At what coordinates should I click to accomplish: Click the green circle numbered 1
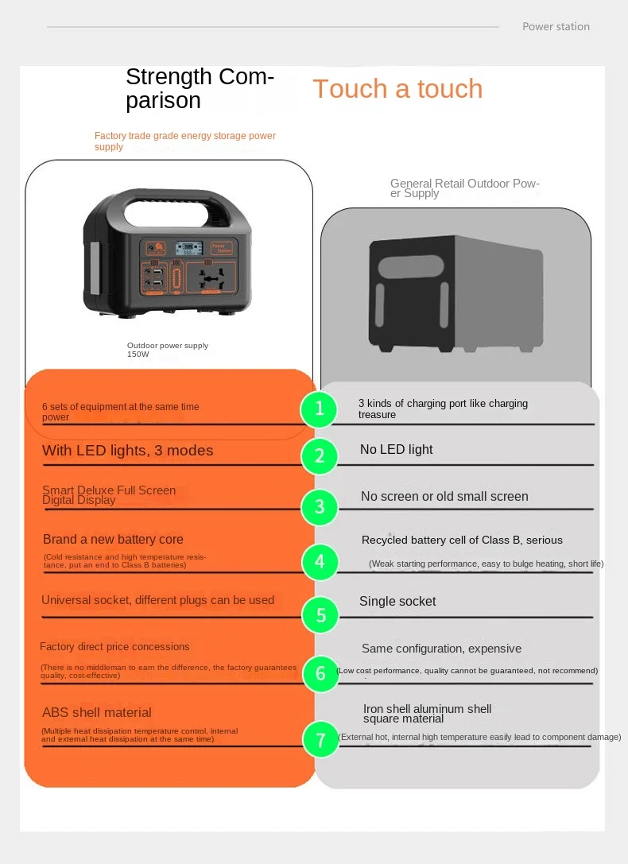pos(320,409)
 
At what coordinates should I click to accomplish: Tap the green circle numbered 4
pos(320,562)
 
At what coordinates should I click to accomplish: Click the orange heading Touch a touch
pos(397,89)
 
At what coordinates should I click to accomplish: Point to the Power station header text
pos(556,27)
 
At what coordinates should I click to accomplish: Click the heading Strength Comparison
pos(200,88)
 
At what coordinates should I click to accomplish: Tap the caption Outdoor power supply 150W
pos(168,350)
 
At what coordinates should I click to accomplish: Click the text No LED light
pos(396,450)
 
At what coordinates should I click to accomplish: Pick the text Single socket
pos(397,602)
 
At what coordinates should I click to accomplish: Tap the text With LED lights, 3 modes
pos(127,451)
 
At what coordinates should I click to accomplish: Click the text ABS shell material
pos(96,713)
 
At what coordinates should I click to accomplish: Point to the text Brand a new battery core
pos(113,540)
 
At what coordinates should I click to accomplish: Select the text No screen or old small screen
pos(444,497)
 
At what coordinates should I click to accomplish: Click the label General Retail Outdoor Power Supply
pos(464,188)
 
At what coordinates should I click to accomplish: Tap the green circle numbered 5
pos(320,614)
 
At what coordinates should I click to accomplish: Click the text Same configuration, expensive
pos(441,649)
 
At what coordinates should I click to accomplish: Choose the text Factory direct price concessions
pos(114,647)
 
